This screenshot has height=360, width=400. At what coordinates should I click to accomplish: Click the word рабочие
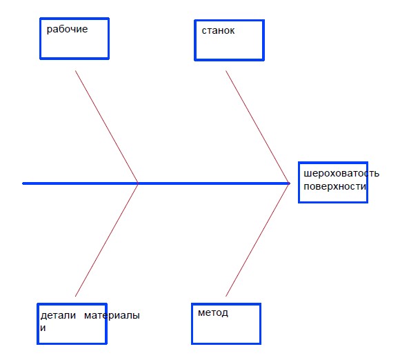67,30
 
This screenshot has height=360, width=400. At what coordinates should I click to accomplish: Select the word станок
218,30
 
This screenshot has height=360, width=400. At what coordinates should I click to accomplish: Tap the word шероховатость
341,174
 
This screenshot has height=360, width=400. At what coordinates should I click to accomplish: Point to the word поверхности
335,186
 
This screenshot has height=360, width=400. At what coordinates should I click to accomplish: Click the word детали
58,316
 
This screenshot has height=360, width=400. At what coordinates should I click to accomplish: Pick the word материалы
112,316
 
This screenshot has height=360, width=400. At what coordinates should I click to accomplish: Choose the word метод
213,313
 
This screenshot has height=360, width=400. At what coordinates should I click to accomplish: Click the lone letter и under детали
43,328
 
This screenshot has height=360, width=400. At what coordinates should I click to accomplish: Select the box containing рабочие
40,38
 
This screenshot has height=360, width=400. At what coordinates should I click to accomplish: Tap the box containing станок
195,40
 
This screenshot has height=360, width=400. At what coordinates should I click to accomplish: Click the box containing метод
192,323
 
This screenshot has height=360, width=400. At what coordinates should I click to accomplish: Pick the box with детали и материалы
38,323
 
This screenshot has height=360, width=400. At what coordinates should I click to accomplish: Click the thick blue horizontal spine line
156,183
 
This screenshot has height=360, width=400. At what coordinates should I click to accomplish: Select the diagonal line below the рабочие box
107,127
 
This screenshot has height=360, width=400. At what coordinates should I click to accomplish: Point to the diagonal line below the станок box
258,127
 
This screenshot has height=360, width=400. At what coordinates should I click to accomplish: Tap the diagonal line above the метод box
258,240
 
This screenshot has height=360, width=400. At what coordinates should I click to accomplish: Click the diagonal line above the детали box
107,240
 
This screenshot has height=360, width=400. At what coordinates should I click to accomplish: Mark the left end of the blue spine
23,183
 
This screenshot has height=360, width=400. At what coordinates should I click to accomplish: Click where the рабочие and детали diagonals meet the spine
138,183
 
